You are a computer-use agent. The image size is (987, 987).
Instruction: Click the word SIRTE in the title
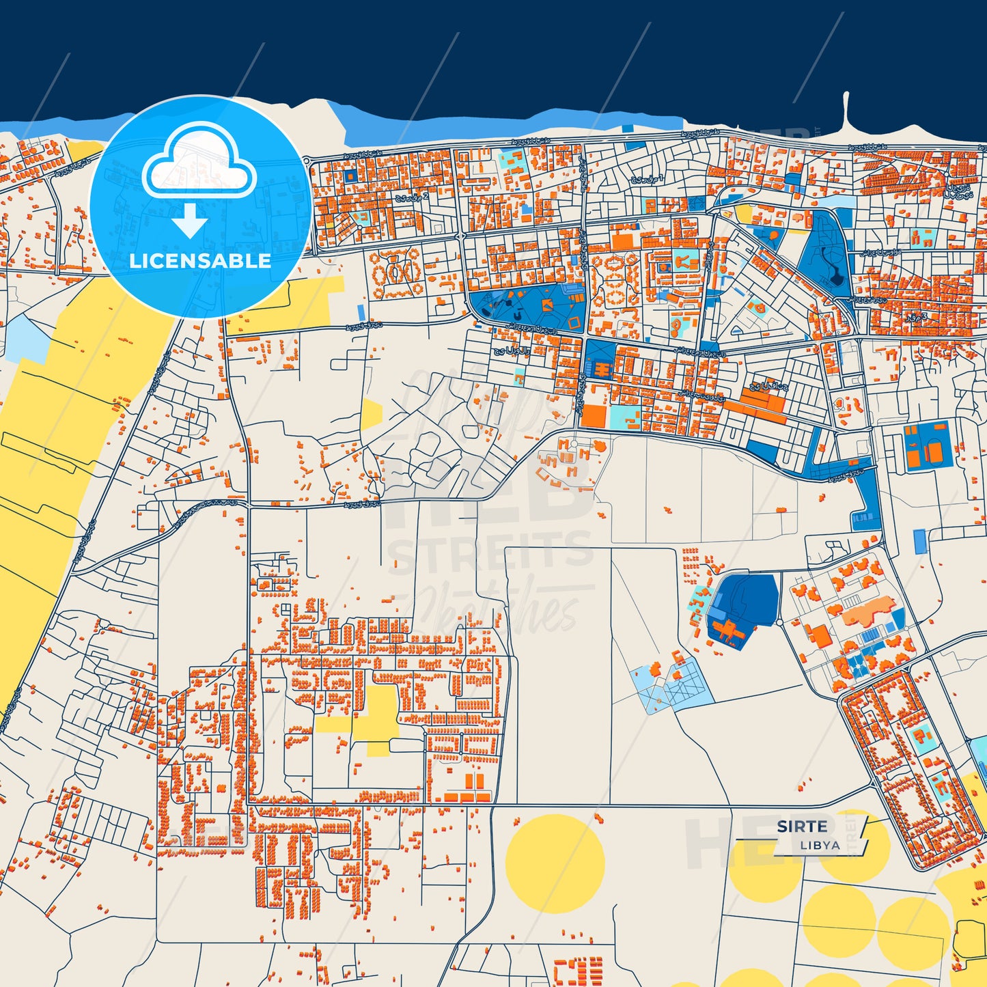coord(801,826)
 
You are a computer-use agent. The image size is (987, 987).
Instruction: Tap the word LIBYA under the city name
coord(820,845)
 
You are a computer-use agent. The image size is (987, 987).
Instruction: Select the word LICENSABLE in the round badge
coord(200,260)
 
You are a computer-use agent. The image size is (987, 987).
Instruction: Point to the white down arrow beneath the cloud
coord(189,220)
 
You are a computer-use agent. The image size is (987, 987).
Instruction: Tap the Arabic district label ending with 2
coord(412,197)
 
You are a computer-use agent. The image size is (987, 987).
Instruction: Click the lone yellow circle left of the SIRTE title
coord(555,863)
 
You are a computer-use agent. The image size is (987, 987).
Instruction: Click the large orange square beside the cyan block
coord(594,416)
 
